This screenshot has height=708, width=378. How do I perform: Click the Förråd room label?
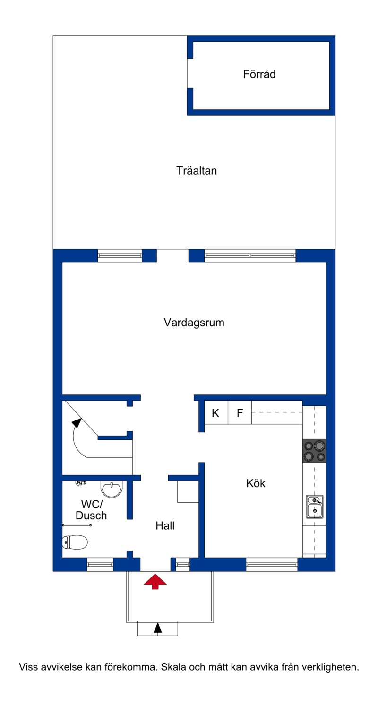[x=259, y=74]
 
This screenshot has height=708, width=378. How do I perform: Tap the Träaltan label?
[x=197, y=171]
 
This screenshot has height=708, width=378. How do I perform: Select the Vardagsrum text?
[x=194, y=323]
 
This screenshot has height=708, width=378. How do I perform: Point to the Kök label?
[x=256, y=483]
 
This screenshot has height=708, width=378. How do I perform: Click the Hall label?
[x=165, y=525]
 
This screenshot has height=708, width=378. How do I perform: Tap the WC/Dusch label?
[x=91, y=510]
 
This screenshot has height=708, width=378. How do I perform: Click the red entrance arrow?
[x=155, y=581]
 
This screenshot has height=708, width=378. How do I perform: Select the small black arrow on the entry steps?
[x=158, y=629]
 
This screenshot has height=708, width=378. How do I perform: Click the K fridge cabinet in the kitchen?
[x=216, y=412]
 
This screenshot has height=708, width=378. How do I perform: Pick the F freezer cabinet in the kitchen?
[x=240, y=412]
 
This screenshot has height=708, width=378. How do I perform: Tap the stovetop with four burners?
[x=314, y=451]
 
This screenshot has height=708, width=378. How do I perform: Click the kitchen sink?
[x=315, y=507]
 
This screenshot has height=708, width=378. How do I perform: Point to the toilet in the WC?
[x=75, y=542]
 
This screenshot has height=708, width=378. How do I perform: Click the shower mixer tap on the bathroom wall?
[x=81, y=483]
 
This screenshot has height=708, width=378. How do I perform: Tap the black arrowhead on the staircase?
[x=77, y=423]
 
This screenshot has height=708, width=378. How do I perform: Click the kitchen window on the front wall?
[x=272, y=565]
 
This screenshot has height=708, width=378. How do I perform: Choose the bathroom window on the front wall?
[x=100, y=565]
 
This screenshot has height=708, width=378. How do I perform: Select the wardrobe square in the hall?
[x=188, y=491]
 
